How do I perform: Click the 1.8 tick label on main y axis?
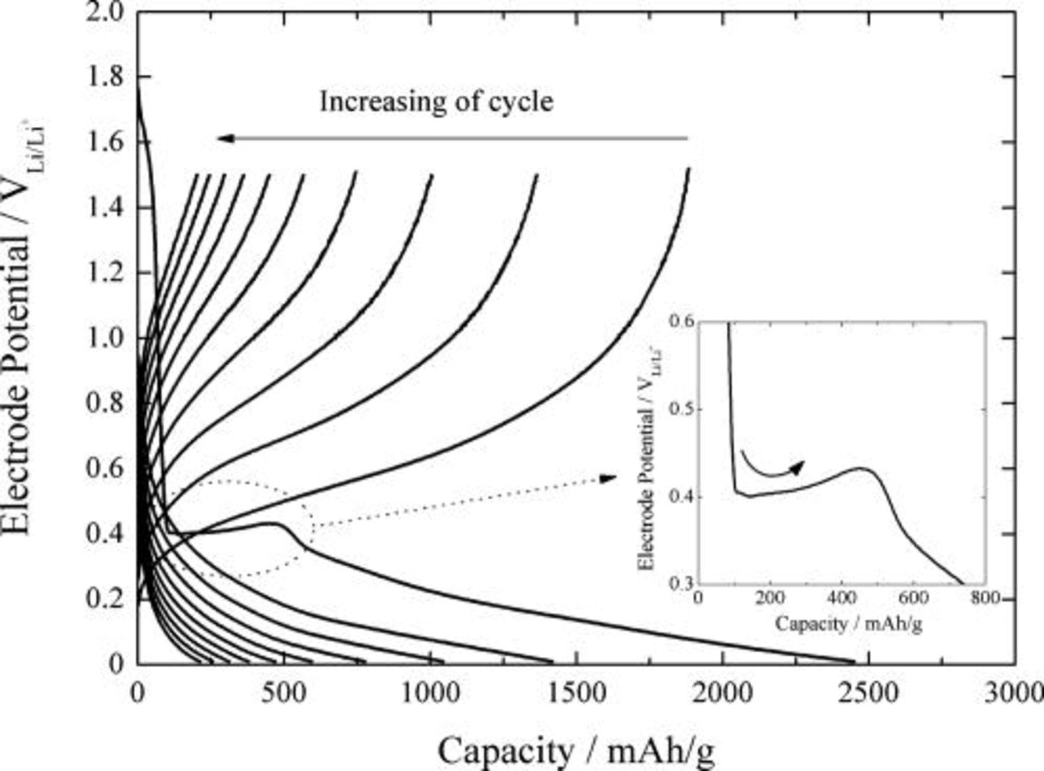point(104,77)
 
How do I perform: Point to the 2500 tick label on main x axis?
point(868,692)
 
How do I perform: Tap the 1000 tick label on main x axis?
point(430,692)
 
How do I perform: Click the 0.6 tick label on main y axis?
point(104,468)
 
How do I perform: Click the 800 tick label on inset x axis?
point(984,598)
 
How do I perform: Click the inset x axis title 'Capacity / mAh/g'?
point(848,624)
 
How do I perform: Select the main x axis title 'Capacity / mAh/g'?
point(575,751)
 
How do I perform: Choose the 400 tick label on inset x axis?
point(841,598)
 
